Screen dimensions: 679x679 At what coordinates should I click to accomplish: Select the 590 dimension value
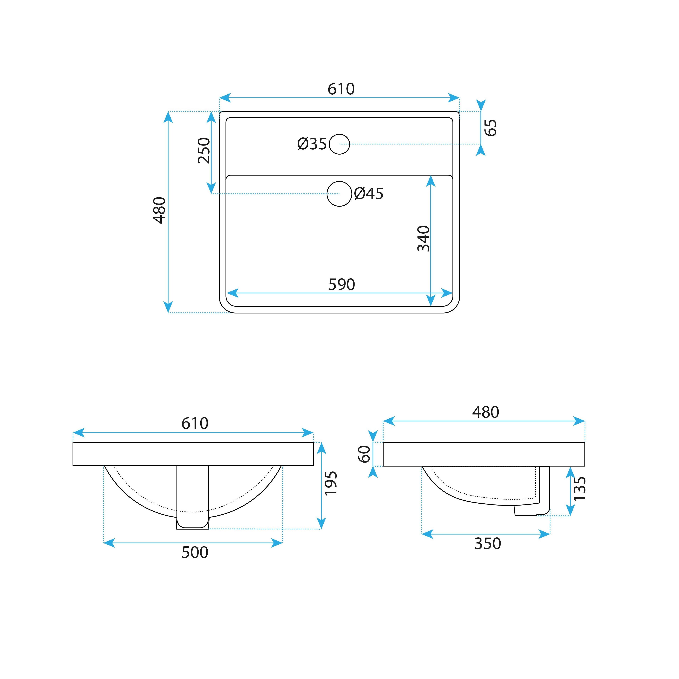coord(342,284)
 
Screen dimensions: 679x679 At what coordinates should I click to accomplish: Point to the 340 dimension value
coord(423,239)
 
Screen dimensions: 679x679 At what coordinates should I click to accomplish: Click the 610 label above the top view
coord(341,89)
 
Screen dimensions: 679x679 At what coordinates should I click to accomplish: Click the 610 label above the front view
coord(195,423)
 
